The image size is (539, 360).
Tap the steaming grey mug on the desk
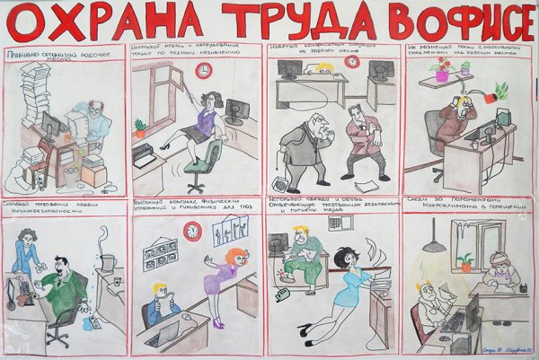point(107,261)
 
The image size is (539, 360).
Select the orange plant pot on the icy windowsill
point(464,264)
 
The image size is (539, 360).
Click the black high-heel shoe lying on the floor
point(305,331)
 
